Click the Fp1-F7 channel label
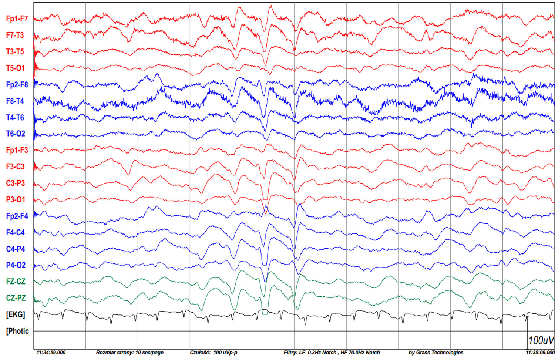click(17, 19)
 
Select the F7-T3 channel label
click(15, 35)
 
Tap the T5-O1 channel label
click(15, 68)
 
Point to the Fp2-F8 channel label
click(17, 85)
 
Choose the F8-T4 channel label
click(15, 101)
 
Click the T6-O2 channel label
click(15, 134)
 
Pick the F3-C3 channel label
click(15, 166)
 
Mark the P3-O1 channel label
click(15, 199)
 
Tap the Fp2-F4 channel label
click(17, 216)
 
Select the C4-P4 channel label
click(15, 249)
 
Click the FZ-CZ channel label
click(16, 282)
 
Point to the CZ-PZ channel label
click(16, 298)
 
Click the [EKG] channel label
click(16, 315)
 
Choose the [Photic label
click(17, 331)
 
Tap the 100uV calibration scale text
click(541, 340)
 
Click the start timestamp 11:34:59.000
click(51, 353)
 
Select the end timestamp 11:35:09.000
click(540, 353)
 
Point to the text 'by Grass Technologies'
click(436, 353)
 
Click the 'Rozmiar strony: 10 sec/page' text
click(129, 353)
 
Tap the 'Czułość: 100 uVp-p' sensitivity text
click(213, 353)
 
